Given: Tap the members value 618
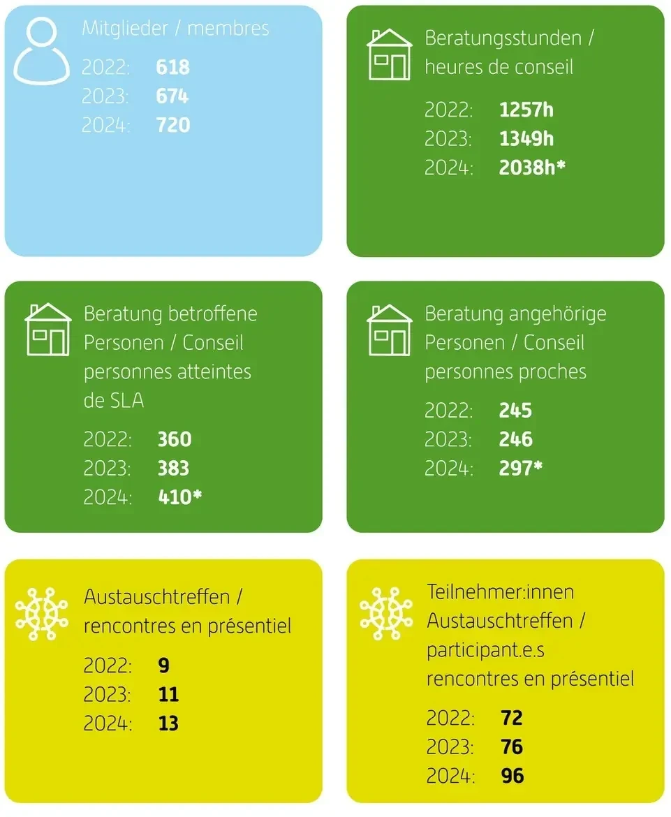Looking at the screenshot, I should (172, 67).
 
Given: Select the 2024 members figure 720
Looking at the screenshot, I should (173, 125).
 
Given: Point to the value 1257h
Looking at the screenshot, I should (526, 110).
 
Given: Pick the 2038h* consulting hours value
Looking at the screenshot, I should (532, 168).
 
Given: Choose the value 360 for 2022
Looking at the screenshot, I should (175, 439).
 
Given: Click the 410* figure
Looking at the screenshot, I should (179, 497).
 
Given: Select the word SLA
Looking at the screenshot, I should (127, 401).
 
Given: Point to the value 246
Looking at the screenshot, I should (516, 439).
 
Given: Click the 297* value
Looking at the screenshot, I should (520, 468).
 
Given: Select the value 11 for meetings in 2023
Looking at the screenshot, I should (168, 695).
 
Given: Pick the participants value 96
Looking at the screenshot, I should (513, 776).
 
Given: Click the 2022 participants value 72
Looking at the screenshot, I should (512, 718).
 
